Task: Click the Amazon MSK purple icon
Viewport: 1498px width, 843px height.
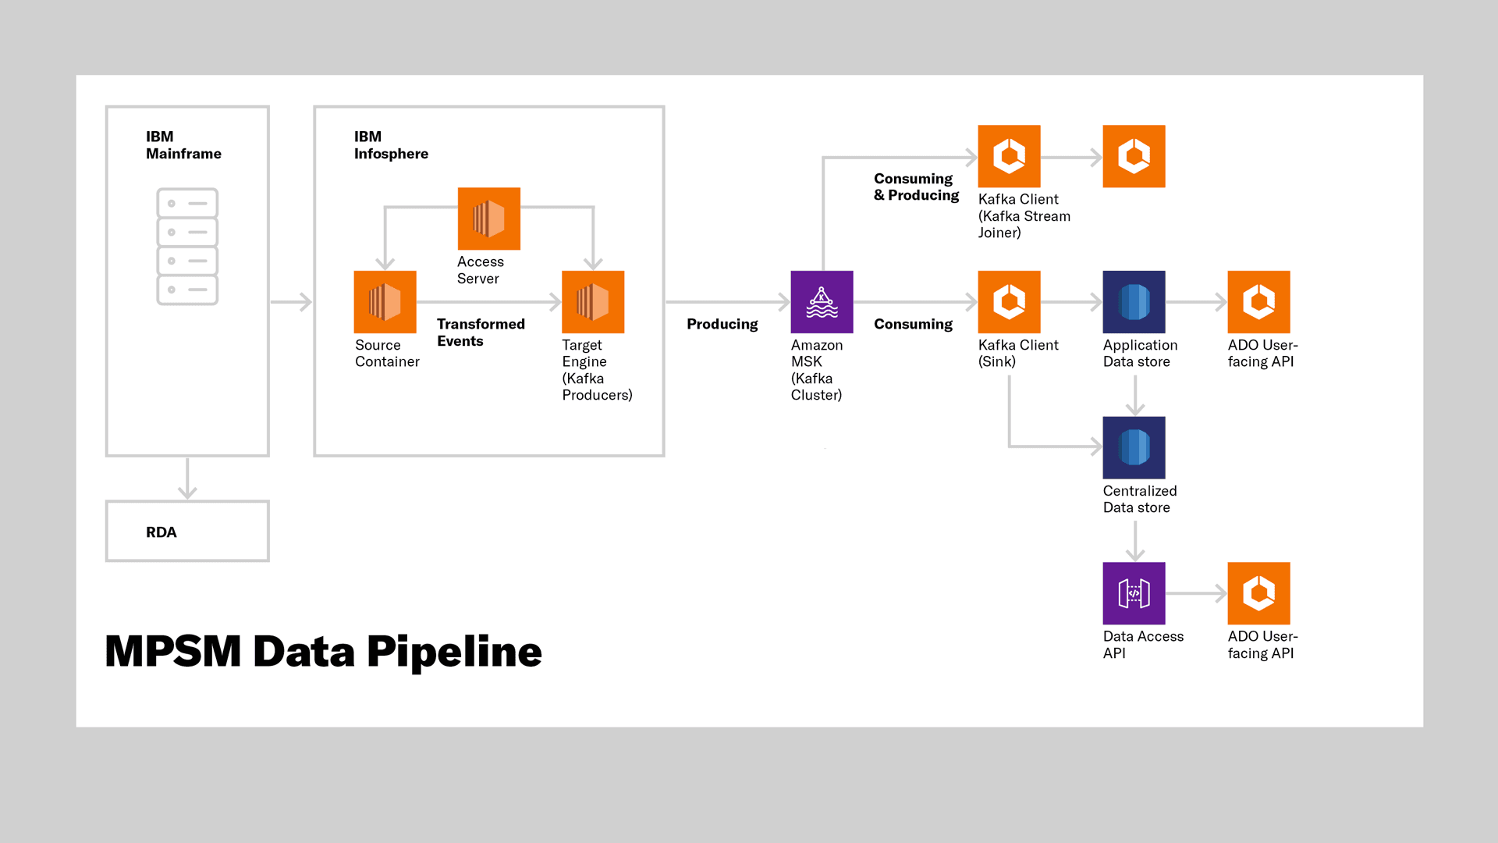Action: tap(822, 302)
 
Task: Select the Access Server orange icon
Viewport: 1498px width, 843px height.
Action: tap(488, 219)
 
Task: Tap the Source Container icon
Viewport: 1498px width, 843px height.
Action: tap(385, 302)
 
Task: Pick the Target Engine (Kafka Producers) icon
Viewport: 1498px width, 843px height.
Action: tap(593, 302)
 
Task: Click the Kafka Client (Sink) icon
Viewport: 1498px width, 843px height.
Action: tap(1009, 302)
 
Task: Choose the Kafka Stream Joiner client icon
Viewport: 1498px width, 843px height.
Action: tap(1009, 156)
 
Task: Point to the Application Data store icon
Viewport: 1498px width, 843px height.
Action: tap(1134, 302)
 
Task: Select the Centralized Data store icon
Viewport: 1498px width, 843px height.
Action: tap(1134, 447)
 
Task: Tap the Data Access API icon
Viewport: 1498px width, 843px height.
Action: tap(1134, 593)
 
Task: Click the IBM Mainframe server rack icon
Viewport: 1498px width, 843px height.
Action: tap(187, 247)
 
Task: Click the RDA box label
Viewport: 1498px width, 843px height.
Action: tap(162, 532)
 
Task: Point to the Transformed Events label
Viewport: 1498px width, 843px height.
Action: tap(481, 333)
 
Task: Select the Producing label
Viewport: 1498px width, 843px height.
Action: tap(722, 324)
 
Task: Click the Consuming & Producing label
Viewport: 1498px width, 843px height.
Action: tap(916, 187)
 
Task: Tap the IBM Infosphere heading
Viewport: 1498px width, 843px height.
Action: tap(391, 145)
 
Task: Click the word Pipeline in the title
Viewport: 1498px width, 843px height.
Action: tap(454, 652)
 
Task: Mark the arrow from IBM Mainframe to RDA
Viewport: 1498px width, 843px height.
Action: tap(187, 479)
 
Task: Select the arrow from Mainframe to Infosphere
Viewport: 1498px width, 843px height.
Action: tap(292, 302)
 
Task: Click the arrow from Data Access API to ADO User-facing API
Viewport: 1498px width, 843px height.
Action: tap(1196, 593)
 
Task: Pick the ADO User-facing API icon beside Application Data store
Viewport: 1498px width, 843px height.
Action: tap(1258, 302)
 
